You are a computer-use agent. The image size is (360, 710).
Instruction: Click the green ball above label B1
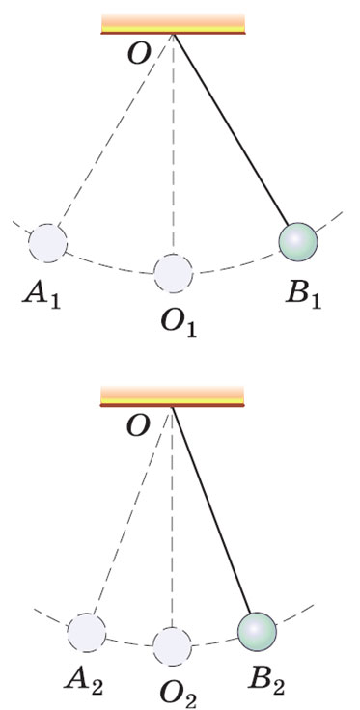point(297,241)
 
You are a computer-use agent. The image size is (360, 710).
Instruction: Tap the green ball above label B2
point(257,632)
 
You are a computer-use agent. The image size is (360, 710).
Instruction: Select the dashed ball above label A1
point(47,243)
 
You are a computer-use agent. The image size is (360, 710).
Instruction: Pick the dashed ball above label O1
point(173,273)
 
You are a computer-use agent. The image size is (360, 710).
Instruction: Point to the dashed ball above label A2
point(87,633)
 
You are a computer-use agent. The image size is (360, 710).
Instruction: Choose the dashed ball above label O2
point(172,646)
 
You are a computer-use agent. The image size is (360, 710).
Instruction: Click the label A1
point(42,298)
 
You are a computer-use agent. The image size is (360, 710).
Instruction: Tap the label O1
point(178,324)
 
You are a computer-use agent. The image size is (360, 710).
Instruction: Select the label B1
point(303,296)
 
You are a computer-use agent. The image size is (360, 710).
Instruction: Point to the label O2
point(178,696)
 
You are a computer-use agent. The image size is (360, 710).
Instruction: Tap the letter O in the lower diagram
point(139,427)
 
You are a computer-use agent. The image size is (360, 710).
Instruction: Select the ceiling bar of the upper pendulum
point(173,24)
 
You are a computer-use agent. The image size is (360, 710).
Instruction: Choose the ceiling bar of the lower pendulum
point(172,396)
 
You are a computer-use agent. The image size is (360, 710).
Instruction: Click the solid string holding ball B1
point(231,129)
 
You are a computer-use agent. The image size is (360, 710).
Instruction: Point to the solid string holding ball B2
point(211,510)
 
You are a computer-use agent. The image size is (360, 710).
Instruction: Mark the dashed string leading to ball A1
point(115,130)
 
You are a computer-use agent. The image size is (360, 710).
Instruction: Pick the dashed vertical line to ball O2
point(172,517)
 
